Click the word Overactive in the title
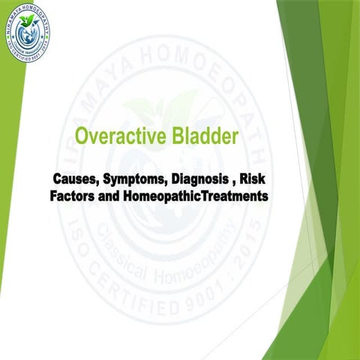point(123,136)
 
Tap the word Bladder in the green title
point(206,136)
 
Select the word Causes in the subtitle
point(76,181)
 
